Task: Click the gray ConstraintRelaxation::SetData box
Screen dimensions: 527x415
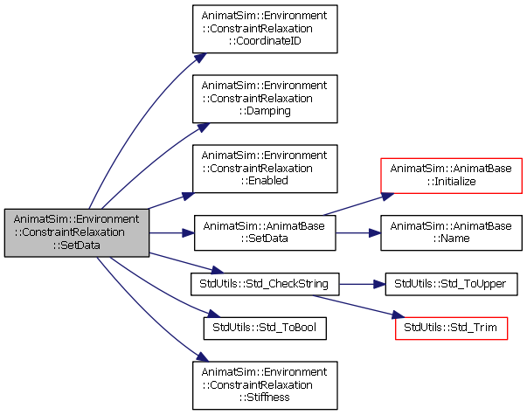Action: tap(77, 232)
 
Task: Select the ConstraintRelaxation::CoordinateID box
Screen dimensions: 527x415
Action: tap(265, 29)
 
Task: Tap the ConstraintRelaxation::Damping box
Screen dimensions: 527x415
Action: tap(265, 99)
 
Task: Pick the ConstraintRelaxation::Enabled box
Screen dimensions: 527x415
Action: tap(265, 169)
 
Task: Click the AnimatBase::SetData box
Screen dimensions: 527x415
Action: tap(265, 232)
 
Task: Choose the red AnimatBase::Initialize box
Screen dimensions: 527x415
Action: tap(451, 176)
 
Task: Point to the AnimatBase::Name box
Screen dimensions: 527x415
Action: tap(451, 232)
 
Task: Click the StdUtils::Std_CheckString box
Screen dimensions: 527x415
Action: tap(265, 284)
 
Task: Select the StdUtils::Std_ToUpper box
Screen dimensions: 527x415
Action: tap(451, 284)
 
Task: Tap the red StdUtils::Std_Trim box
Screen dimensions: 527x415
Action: tap(451, 328)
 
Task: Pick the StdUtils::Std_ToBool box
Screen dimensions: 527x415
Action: tap(265, 328)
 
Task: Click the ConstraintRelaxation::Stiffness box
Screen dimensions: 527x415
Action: tap(265, 385)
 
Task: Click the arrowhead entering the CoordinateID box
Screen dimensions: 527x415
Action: tap(200, 58)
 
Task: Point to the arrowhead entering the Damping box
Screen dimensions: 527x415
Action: tap(204, 128)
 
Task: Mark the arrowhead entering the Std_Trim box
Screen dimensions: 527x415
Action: tap(399, 315)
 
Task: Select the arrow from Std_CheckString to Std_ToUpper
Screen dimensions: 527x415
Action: tap(363, 284)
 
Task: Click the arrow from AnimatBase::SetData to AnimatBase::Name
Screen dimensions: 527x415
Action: tap(358, 233)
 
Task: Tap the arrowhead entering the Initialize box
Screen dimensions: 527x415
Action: tap(388, 197)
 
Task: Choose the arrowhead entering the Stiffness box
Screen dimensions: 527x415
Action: tap(203, 356)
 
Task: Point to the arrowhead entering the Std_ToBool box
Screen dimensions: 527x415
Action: tap(213, 314)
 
